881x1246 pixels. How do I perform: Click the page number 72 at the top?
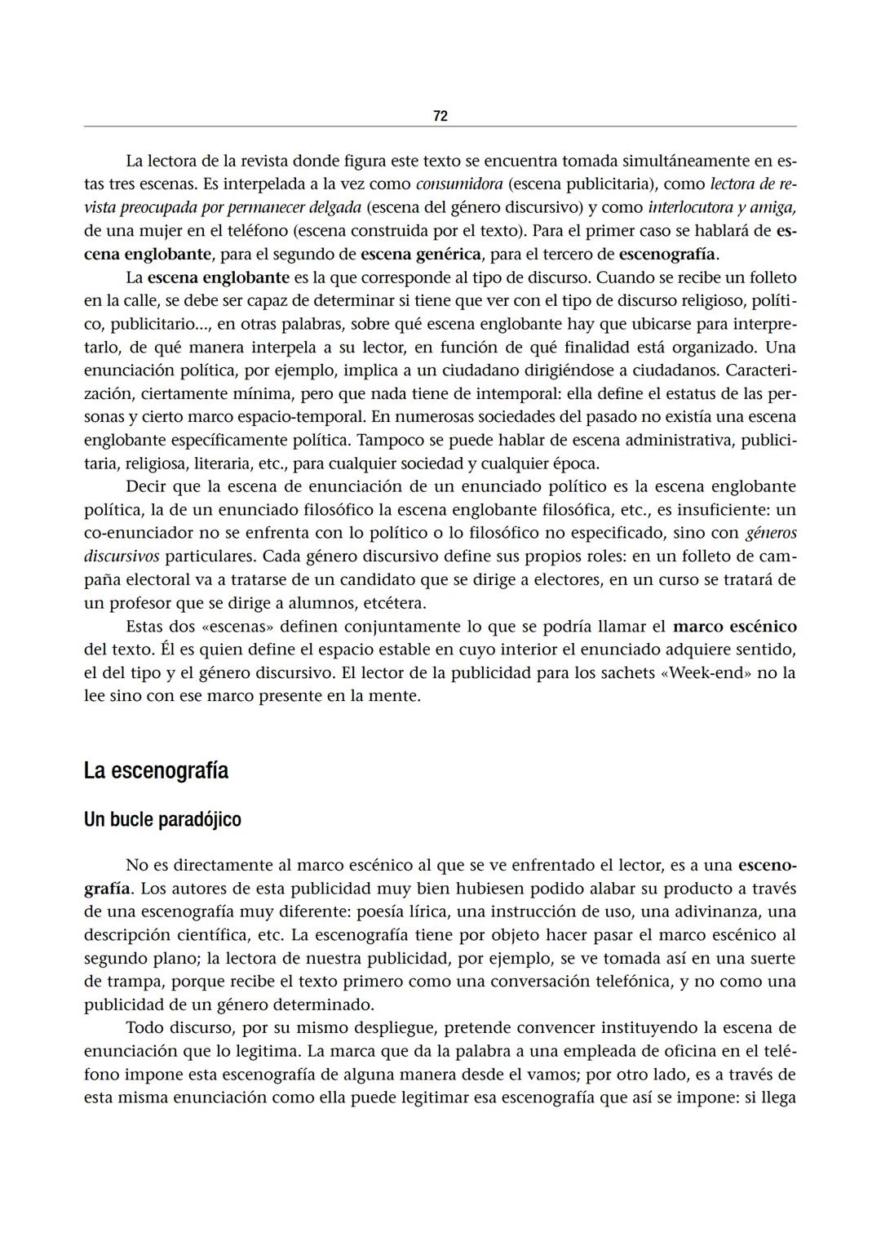[440, 116]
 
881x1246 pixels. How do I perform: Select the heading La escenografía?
[156, 771]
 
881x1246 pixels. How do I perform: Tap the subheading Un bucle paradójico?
[162, 819]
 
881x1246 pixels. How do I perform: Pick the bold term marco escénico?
[734, 627]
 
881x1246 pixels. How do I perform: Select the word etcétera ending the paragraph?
[396, 604]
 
